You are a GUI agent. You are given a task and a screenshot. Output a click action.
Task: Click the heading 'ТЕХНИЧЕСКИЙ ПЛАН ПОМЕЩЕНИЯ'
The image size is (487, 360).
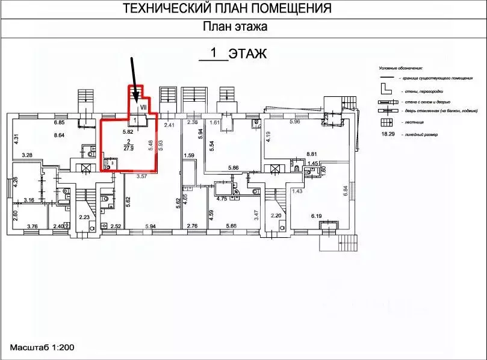pos(228,8)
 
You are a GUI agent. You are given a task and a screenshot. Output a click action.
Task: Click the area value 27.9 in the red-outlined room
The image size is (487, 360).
pos(129,148)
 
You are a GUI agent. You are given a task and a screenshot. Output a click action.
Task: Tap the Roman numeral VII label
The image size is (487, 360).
pos(143,107)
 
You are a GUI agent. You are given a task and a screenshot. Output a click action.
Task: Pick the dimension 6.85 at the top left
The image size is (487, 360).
pos(59,123)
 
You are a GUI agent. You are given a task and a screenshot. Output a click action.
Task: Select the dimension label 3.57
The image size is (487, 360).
pos(142,176)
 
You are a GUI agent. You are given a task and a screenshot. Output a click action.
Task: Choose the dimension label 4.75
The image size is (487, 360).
pos(221,198)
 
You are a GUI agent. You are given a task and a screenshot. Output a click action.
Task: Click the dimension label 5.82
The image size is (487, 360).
pos(128,131)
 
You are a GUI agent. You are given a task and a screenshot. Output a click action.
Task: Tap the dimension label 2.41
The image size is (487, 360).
pos(169,125)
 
